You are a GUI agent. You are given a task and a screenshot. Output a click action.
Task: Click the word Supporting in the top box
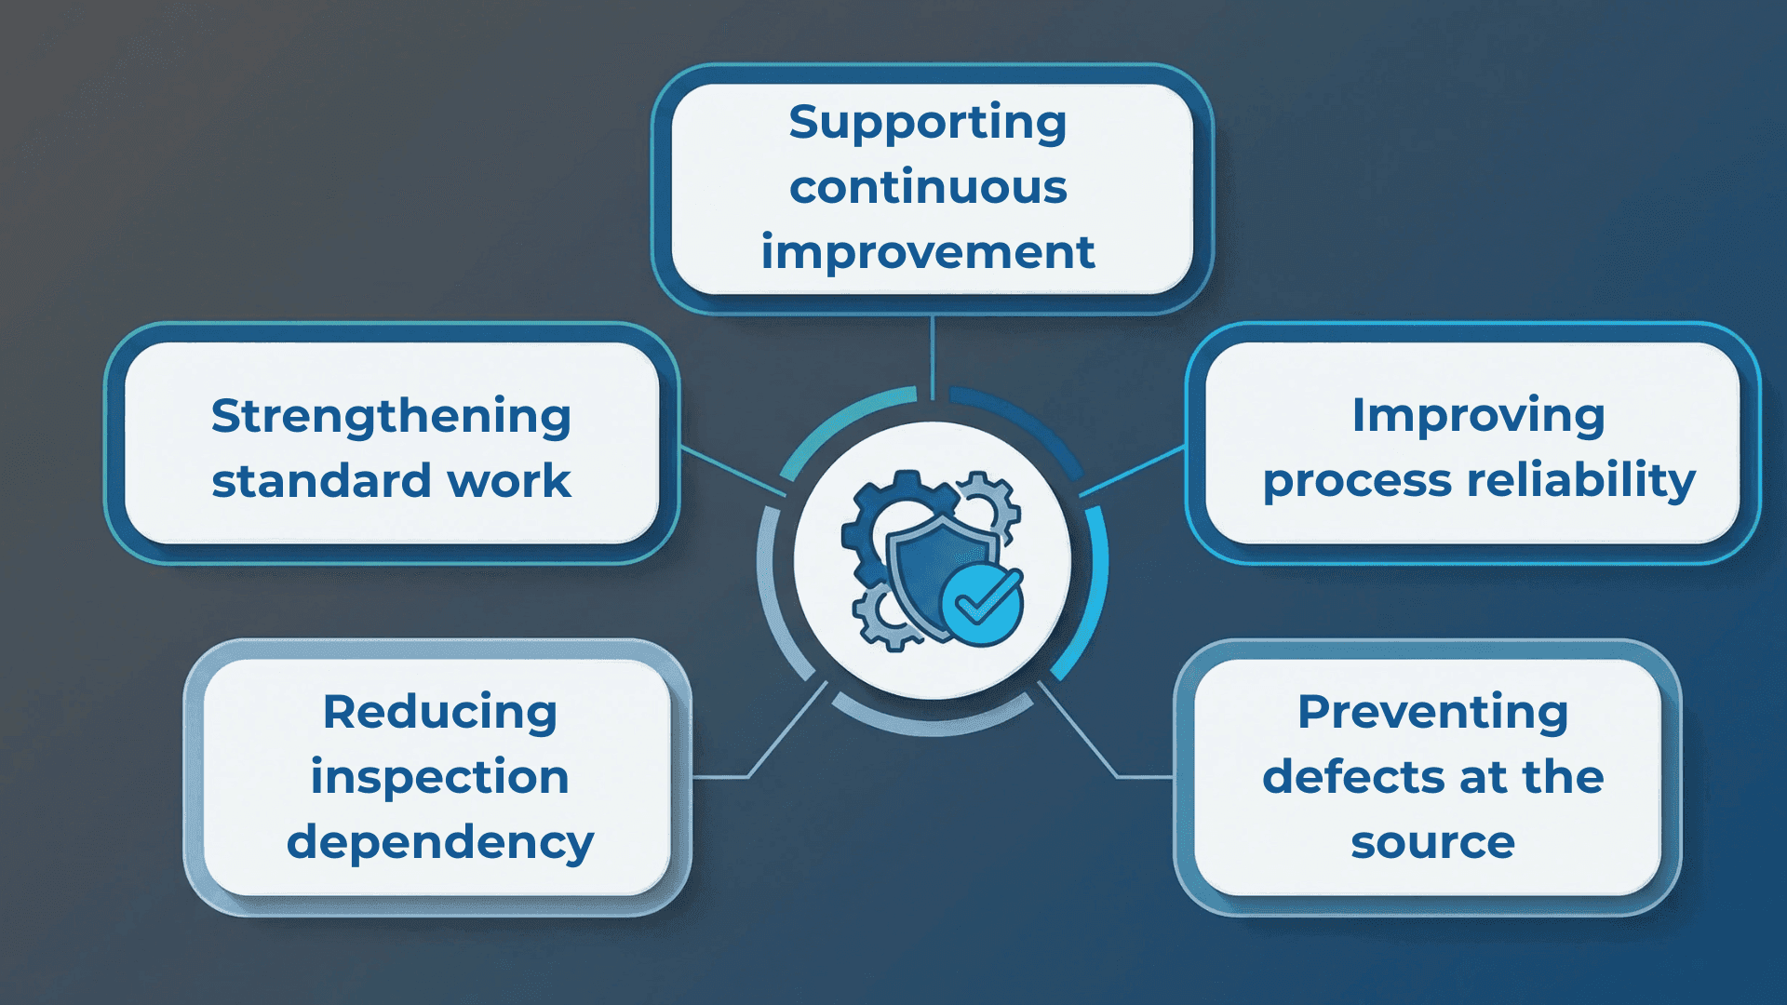[x=927, y=124]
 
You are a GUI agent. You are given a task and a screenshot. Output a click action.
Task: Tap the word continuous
[x=928, y=187]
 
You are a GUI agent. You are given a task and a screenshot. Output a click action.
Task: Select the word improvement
[x=928, y=252]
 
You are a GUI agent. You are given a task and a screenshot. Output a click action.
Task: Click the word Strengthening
[x=391, y=417]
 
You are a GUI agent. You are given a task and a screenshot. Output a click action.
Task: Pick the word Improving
[x=1478, y=415]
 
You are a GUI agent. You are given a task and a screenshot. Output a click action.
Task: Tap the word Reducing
[x=439, y=712]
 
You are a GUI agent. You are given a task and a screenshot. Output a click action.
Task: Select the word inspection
[x=439, y=777]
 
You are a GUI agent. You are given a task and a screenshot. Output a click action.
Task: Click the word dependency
[x=439, y=843]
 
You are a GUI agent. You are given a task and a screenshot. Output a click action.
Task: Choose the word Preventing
[x=1432, y=712]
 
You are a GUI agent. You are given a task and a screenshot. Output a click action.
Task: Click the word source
[x=1432, y=843]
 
